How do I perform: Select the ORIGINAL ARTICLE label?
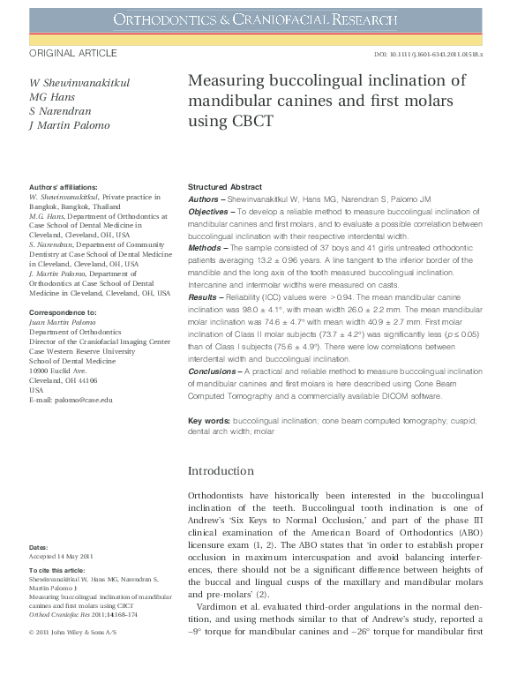(73, 54)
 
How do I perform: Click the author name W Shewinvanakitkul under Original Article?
(80, 83)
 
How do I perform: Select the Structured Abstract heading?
(225, 187)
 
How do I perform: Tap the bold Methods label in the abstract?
(206, 250)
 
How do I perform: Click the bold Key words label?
(209, 421)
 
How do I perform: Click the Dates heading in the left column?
(39, 548)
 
